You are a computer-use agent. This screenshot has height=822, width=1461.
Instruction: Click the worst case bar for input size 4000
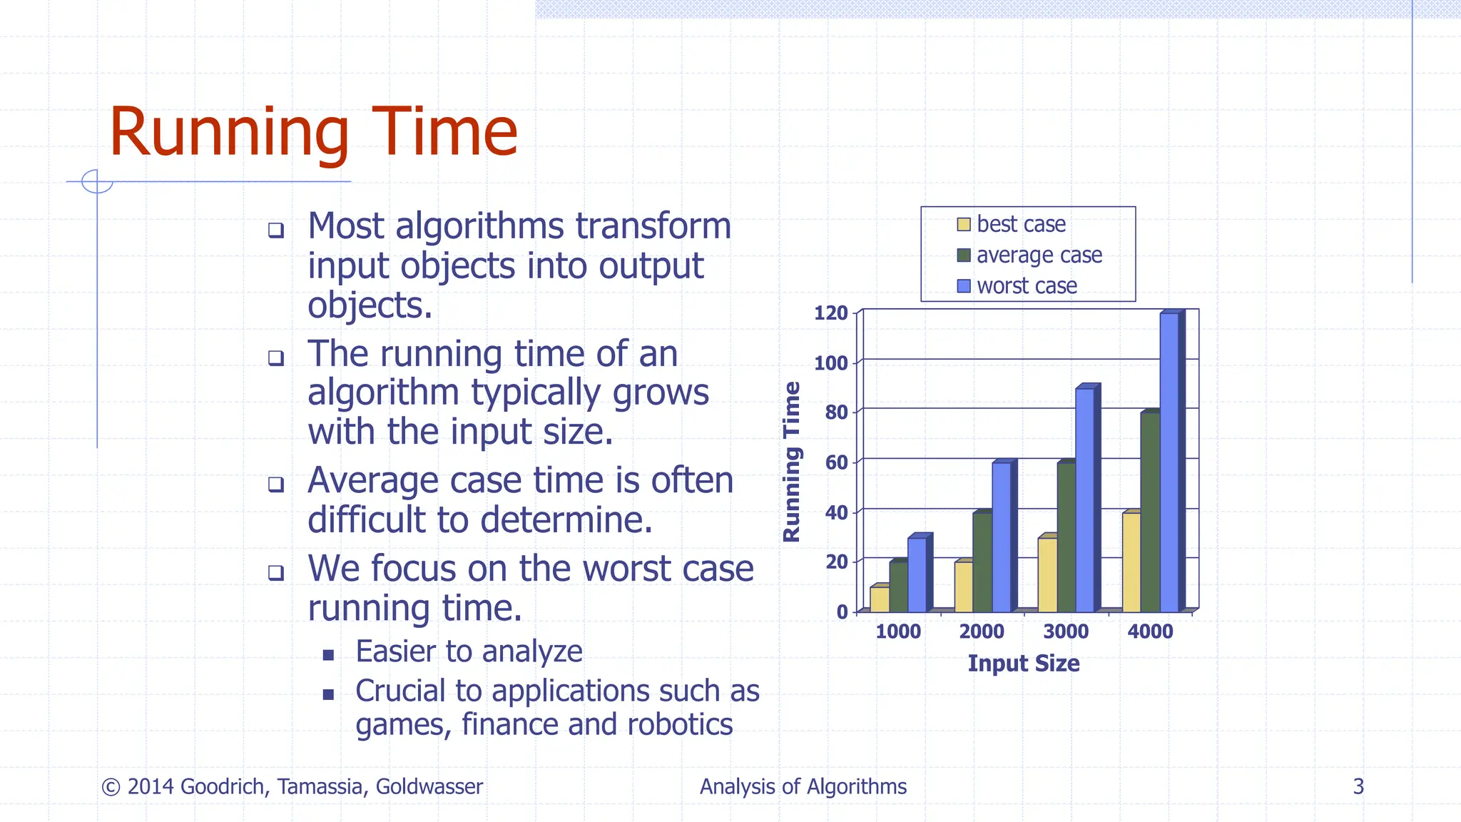coord(1169,464)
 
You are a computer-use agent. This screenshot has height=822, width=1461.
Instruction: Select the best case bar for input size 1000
coord(879,599)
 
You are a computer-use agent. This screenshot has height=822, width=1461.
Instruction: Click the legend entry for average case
coord(1039,255)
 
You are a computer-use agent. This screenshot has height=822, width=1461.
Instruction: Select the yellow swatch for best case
coord(964,225)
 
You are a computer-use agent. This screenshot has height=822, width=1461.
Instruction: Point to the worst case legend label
coord(1027,286)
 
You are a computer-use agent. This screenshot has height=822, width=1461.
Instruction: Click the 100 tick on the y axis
coord(831,363)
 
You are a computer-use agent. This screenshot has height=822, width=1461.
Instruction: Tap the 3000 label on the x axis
coord(1066,631)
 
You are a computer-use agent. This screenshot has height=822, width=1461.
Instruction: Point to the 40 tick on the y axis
coord(836,512)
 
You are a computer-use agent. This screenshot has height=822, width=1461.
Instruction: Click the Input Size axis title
coord(1023,664)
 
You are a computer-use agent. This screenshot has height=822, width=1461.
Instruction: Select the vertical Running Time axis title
coord(792,462)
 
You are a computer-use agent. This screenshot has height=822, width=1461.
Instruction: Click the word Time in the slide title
coord(444,132)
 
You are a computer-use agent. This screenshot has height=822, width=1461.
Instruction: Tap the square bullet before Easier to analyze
coord(328,655)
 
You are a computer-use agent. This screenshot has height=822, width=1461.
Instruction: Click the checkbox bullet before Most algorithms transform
coord(276,230)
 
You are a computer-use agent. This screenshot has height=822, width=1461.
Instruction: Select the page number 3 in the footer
coord(1358,786)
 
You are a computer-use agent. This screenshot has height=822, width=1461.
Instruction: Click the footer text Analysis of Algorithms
coord(803,786)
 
